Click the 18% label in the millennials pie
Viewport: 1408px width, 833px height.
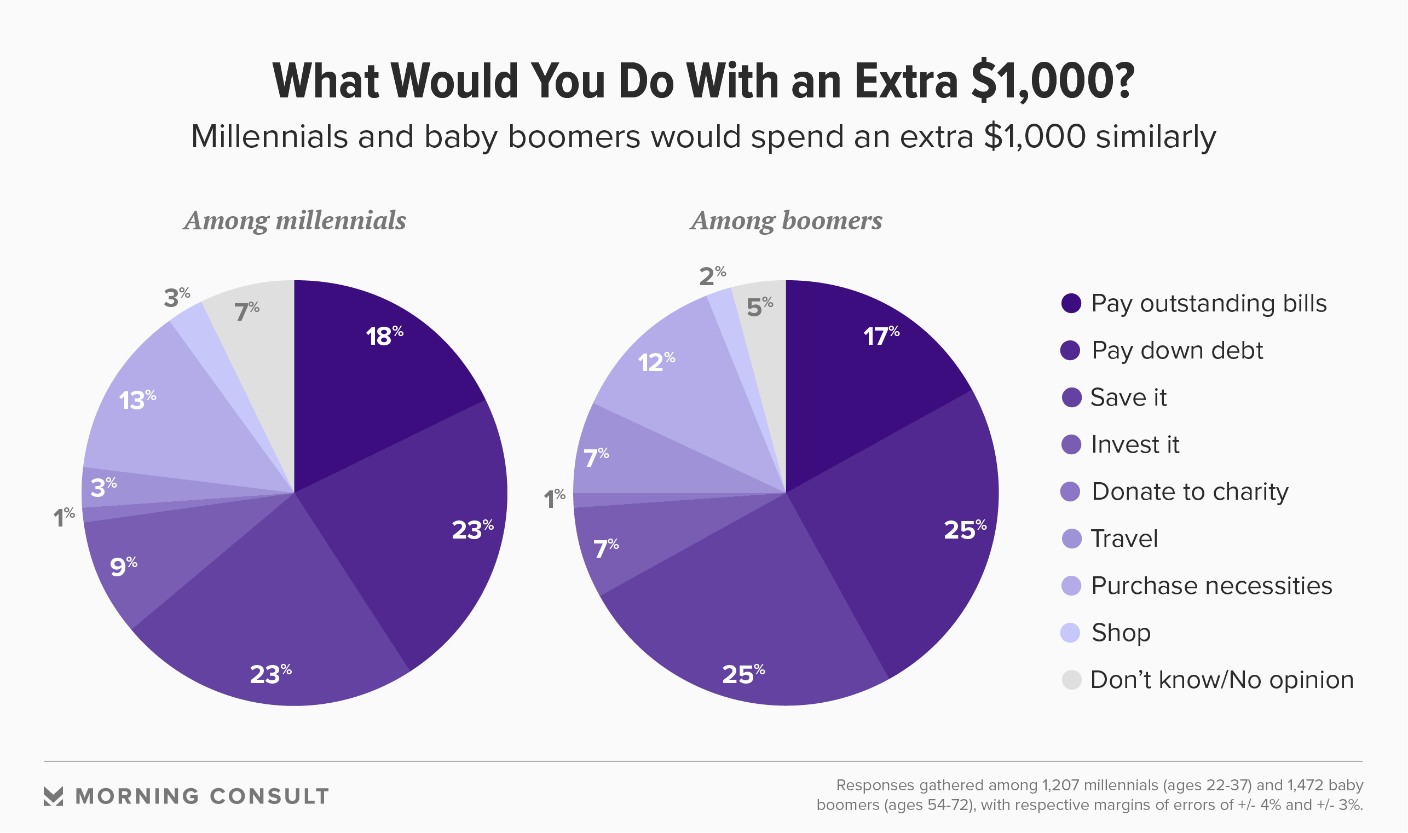click(384, 336)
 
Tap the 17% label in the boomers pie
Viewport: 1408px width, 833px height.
click(881, 336)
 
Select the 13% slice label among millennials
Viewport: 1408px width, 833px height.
click(137, 400)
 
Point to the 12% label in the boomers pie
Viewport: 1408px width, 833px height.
click(656, 362)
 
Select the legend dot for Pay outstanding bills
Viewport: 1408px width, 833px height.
click(1071, 303)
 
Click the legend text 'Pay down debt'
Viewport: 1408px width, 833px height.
click(1176, 350)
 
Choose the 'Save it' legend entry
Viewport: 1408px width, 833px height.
click(1128, 397)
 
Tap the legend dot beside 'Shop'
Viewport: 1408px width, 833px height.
click(1071, 633)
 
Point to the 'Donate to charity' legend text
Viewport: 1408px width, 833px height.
click(1190, 491)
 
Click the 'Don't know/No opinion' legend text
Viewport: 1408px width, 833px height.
click(1222, 680)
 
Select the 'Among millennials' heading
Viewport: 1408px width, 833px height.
click(295, 221)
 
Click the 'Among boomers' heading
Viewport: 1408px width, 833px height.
click(786, 221)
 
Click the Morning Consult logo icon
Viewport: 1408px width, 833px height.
click(53, 796)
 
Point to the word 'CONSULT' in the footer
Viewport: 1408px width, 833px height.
click(269, 796)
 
